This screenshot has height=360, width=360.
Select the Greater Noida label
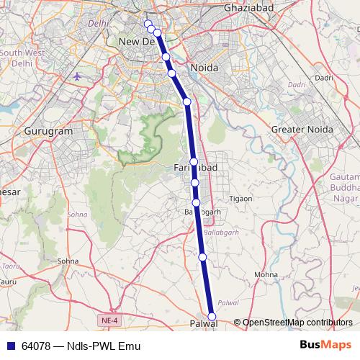302,129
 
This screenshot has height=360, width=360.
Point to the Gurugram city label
49,132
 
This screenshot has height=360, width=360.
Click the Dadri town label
324,77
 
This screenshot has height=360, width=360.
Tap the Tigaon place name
240,199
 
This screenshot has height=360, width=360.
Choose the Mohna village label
266,274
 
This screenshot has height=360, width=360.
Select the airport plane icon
78,76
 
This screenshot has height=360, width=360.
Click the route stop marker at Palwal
212,317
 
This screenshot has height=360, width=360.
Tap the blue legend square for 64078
9,346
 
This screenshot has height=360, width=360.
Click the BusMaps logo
325,345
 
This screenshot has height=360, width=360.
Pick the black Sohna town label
68,261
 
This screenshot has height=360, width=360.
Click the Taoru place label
11,266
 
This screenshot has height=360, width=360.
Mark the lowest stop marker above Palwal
202,256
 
